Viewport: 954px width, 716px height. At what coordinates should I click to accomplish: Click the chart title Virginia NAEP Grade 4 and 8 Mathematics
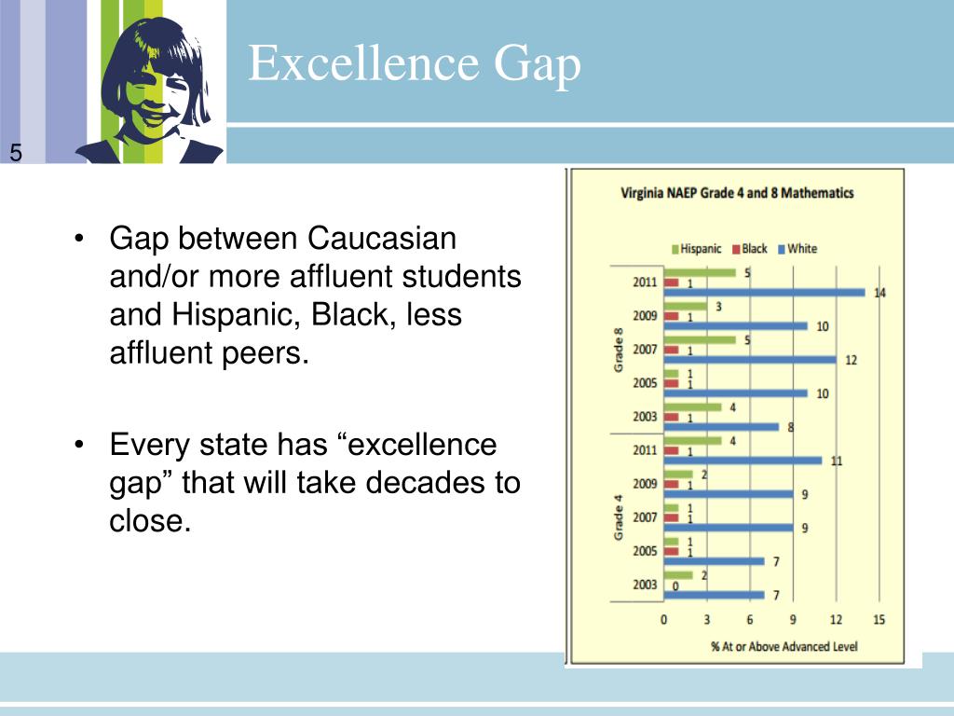coord(737,194)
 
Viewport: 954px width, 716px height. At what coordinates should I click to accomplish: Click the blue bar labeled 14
coord(764,293)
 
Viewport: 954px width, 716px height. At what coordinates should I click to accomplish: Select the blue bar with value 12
coord(750,360)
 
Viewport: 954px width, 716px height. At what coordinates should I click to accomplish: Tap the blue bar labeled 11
coord(743,461)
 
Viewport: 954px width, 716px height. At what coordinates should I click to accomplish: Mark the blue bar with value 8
coord(722,427)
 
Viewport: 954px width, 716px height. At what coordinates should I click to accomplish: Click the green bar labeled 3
coord(686,306)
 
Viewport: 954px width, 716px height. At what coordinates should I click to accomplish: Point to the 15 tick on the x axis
coord(879,620)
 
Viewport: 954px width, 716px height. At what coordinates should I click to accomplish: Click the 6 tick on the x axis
coord(750,620)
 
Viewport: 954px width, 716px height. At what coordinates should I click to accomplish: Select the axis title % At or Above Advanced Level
coord(784,646)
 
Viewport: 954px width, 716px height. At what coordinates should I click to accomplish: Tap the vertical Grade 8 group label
coord(619,351)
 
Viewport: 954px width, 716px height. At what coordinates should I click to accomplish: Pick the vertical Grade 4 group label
coord(619,518)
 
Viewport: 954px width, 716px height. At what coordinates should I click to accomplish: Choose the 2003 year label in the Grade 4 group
coord(645,585)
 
